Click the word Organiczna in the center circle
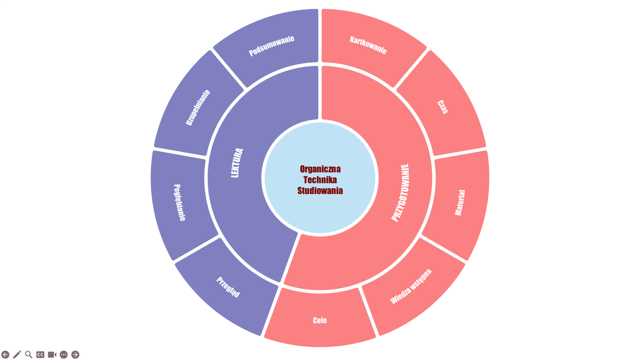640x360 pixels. [x=320, y=169]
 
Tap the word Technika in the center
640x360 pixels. [x=320, y=180]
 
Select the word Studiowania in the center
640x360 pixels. [x=320, y=191]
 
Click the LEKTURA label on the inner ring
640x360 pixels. [x=237, y=163]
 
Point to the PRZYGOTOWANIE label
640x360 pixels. [x=400, y=193]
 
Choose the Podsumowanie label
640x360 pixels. [x=272, y=46]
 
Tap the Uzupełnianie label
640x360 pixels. [x=198, y=107]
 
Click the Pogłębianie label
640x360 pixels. [x=180, y=202]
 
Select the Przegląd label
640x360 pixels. [x=228, y=287]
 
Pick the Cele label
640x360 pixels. [x=320, y=321]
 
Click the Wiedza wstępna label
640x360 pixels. [x=411, y=286]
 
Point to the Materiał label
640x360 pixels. [x=460, y=203]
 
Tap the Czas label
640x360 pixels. [x=443, y=107]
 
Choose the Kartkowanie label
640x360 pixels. [x=368, y=45]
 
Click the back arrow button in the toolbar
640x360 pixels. [x=5, y=355]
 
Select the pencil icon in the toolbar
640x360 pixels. [x=17, y=355]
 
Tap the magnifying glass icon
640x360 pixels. [x=29, y=355]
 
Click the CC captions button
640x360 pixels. [x=40, y=355]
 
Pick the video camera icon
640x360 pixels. [x=52, y=355]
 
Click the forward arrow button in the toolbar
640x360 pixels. [x=75, y=355]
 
